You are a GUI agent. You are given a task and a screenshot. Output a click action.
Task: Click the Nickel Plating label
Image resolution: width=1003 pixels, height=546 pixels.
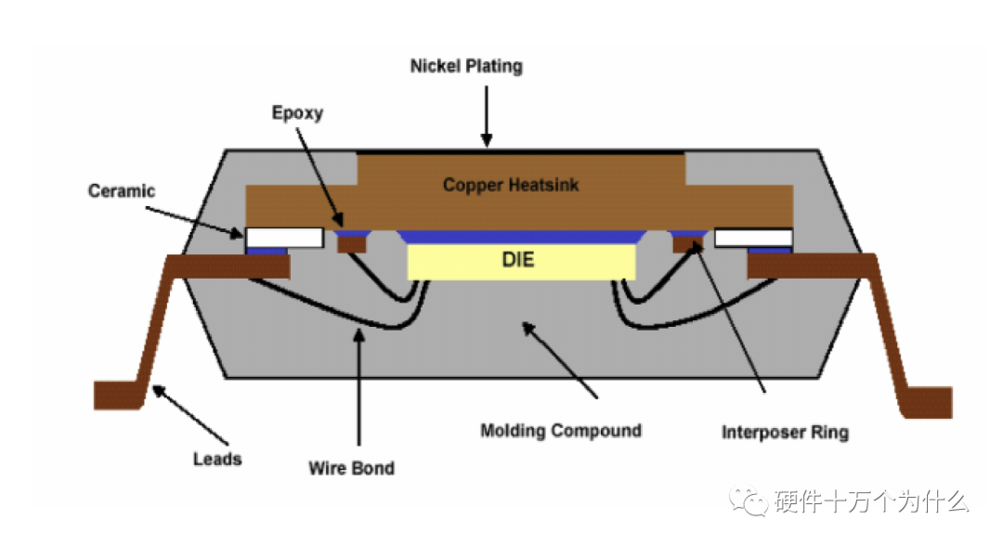coord(466,67)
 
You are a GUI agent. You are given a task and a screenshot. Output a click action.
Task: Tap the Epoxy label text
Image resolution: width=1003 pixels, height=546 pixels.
coord(297,113)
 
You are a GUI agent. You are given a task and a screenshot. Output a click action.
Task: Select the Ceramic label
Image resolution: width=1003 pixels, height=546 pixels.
coord(122,191)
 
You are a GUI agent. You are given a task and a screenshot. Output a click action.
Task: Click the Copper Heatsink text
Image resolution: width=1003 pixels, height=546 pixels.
coord(511,185)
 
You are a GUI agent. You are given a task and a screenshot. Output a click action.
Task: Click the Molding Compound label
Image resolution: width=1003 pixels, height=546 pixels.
coord(560,431)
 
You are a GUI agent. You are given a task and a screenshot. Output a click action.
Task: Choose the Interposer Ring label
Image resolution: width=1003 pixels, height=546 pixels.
coord(785,433)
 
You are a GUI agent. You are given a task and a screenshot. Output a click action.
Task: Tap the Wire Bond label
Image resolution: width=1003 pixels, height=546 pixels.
coord(351,468)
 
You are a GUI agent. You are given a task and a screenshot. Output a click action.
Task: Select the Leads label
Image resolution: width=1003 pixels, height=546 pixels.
coord(217,459)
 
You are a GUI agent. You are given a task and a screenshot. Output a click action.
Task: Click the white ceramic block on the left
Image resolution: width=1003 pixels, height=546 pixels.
coord(284,238)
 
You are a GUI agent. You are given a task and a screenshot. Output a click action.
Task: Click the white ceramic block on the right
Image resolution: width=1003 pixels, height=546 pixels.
coord(753,238)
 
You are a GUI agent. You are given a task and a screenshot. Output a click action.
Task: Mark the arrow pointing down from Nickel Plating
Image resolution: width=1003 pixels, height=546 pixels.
coord(485,116)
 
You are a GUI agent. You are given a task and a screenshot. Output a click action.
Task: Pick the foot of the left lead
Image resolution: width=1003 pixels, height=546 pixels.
coord(115,395)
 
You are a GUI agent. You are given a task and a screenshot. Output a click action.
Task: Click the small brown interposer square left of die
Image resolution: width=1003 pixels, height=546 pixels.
coord(352,245)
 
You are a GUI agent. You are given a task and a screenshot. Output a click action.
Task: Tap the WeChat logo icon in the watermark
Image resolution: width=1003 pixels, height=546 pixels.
coord(748,502)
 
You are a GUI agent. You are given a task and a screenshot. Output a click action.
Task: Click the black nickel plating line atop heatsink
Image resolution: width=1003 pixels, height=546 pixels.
coord(520,151)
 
